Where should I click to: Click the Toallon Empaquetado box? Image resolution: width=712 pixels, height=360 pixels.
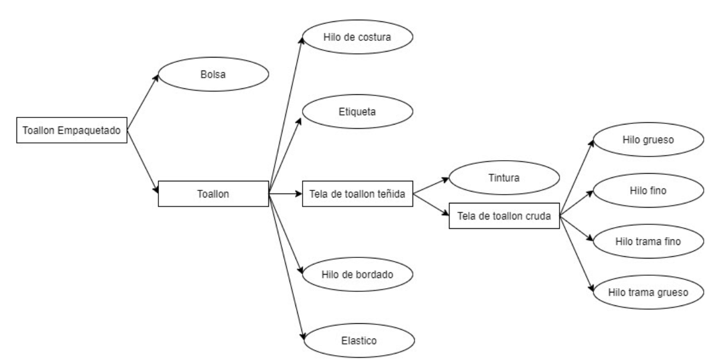coord(72,130)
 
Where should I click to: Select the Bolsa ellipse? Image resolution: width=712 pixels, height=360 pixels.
coord(213,74)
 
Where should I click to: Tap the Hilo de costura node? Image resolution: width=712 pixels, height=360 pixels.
coord(358,37)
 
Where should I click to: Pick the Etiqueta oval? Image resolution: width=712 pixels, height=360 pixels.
coord(358,111)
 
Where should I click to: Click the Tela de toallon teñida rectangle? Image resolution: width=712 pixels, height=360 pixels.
coord(358,194)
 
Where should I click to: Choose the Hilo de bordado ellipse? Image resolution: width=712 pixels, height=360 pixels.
coord(358,274)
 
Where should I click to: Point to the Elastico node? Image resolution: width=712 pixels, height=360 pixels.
coord(359,340)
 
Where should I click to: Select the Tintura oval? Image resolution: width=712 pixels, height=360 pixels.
coord(504,177)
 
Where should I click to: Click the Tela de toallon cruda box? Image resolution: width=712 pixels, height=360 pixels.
coord(504,216)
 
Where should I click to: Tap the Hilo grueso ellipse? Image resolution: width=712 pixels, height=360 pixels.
coord(649,139)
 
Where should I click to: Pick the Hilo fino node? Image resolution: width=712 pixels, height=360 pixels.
coord(649,190)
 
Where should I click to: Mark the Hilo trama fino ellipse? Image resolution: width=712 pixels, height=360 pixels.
coord(649,241)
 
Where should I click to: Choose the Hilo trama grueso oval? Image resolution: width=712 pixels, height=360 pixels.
coord(649,292)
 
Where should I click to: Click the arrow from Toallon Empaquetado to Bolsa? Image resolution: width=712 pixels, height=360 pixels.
coord(143,103)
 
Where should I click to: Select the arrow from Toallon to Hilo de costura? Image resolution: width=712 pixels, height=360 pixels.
coord(286,115)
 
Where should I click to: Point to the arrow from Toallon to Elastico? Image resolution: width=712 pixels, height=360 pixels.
coord(287,267)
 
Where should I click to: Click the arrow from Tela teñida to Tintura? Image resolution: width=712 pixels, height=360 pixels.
coord(431,186)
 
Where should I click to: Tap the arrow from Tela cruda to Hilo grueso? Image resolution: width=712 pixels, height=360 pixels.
coord(577,178)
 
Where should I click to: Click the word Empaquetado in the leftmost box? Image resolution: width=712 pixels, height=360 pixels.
coord(89,130)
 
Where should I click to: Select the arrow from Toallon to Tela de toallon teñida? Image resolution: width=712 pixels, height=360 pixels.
coord(285,194)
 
